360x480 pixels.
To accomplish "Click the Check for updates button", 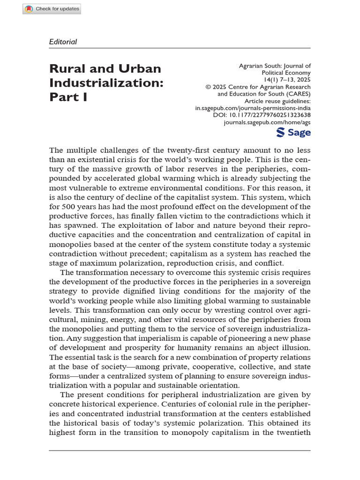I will click(52, 9).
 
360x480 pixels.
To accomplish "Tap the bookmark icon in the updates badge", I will click(29, 9).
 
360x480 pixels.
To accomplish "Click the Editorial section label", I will click(63, 42).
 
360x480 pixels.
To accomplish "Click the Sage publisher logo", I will click(293, 133).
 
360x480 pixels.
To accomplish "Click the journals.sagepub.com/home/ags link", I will click(267, 122).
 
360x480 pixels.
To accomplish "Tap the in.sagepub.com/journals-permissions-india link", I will click(253, 108).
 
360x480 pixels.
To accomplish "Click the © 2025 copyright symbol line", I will click(258, 87).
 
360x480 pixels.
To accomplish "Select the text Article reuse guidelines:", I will click(277, 101).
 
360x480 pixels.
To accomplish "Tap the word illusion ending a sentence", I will click(295, 347).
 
